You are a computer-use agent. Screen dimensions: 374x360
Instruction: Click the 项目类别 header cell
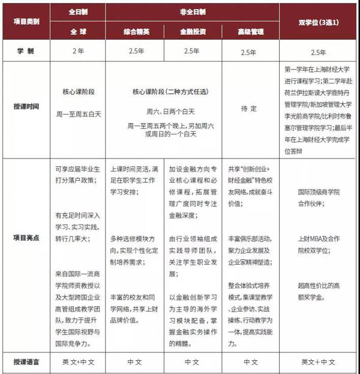coord(27,21)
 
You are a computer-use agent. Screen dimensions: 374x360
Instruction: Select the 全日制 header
coord(77,11)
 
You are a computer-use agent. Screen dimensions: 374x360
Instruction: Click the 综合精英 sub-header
coord(134,29)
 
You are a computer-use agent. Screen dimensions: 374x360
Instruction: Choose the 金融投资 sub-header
coord(191,29)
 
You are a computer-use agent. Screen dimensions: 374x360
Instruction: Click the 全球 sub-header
coord(77,29)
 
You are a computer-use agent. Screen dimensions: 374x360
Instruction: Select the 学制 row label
coord(27,51)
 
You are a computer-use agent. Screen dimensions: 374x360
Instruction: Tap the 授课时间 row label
coord(27,107)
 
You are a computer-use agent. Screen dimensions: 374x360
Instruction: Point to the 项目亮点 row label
coord(27,237)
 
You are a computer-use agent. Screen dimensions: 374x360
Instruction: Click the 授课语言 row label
coord(27,362)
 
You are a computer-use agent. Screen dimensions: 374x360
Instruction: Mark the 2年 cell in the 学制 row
coord(77,51)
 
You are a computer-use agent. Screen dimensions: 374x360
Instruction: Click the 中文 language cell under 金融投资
coord(191,362)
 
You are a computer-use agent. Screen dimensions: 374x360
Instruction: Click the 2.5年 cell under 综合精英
coord(134,51)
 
